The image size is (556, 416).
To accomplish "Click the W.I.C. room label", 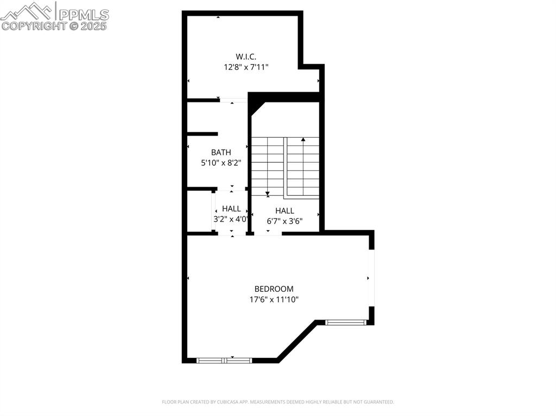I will pyautogui.click(x=246, y=56).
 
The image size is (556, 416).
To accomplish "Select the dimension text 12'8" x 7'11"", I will pyautogui.click(x=246, y=67).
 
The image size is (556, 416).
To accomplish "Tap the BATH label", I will pyautogui.click(x=221, y=152).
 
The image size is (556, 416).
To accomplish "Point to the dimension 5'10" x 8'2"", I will pyautogui.click(x=221, y=162).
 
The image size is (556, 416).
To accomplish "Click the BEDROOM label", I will pyautogui.click(x=274, y=289).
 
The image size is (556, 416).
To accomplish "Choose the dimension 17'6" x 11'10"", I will pyautogui.click(x=274, y=299).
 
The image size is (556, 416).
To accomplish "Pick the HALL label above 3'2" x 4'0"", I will pyautogui.click(x=231, y=209).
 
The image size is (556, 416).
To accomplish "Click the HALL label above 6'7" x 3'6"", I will pyautogui.click(x=285, y=210).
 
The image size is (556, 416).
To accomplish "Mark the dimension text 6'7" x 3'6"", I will pyautogui.click(x=285, y=221).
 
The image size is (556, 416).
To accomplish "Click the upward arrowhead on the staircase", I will pyautogui.click(x=303, y=140).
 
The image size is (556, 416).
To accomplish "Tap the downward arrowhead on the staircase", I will pyautogui.click(x=268, y=193).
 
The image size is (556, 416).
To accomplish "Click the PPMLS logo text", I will pyautogui.click(x=83, y=14).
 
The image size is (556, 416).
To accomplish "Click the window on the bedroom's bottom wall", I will pyautogui.click(x=224, y=360).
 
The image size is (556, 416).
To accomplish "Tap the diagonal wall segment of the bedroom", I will pyautogui.click(x=296, y=340).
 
